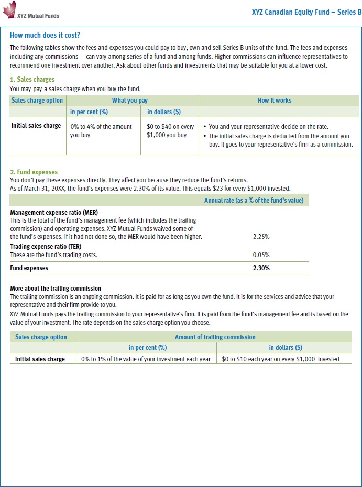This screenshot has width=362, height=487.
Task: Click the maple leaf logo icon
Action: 9,9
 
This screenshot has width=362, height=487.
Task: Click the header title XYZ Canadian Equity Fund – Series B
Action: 306,11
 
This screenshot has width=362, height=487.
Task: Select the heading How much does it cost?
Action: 45,35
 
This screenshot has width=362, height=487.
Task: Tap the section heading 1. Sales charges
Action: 32,80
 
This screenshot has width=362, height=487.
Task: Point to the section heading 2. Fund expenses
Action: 34,172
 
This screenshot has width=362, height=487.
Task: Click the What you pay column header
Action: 129,100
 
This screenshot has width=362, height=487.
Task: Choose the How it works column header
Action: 275,100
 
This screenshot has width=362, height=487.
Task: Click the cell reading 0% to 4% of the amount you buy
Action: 101,130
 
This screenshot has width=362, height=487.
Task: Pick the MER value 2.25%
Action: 261,237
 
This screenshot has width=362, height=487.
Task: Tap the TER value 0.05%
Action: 261,255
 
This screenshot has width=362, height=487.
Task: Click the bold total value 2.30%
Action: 261,268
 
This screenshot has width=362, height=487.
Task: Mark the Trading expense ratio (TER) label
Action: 46,246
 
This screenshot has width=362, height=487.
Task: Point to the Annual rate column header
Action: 254,200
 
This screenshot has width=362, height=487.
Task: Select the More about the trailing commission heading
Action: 56,289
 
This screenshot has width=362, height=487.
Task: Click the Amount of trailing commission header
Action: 215,337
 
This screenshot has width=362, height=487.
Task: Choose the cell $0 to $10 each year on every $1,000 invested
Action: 280,359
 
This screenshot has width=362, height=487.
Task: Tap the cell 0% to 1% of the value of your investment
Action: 146,359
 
